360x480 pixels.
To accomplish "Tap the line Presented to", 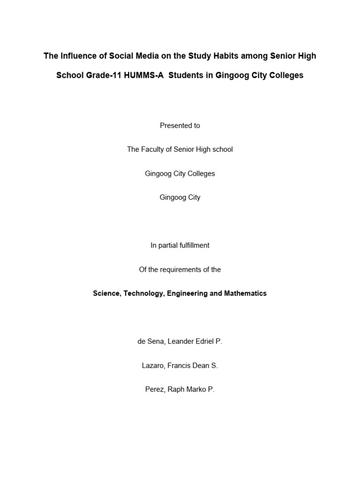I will click(x=180, y=126).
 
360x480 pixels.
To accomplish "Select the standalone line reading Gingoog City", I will click(x=180, y=197).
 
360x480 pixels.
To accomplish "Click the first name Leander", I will click(x=177, y=342).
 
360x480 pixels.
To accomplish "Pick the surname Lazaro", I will click(x=153, y=366).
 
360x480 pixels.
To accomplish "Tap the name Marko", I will click(x=195, y=390).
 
